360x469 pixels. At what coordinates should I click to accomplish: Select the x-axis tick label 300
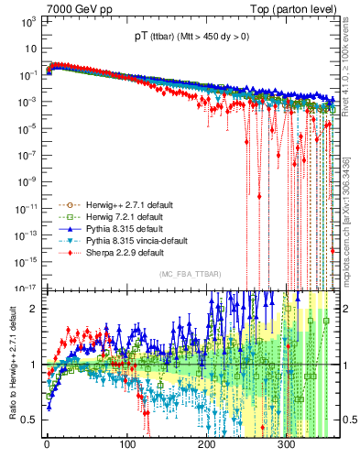[x=287, y=448]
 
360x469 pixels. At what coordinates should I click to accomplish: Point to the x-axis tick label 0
[x=47, y=448]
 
